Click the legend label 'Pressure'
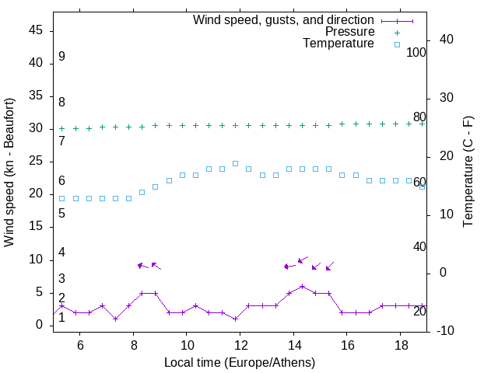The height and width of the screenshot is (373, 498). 349,32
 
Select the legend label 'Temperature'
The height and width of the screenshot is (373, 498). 338,44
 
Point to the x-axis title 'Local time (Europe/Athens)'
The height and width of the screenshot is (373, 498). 240,362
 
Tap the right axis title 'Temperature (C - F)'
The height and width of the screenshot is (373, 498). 468,173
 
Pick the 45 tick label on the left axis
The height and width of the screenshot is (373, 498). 35,30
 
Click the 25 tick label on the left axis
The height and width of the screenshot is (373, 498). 35,161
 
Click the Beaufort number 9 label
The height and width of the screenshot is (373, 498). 61,57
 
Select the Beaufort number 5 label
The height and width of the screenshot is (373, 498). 61,213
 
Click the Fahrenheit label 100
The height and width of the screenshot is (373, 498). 416,53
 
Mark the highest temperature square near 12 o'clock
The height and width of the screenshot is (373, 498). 235,163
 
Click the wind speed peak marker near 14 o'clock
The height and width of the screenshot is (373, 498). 302,286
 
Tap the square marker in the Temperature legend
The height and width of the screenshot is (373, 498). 396,44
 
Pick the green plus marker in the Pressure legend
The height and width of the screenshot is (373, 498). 396,32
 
